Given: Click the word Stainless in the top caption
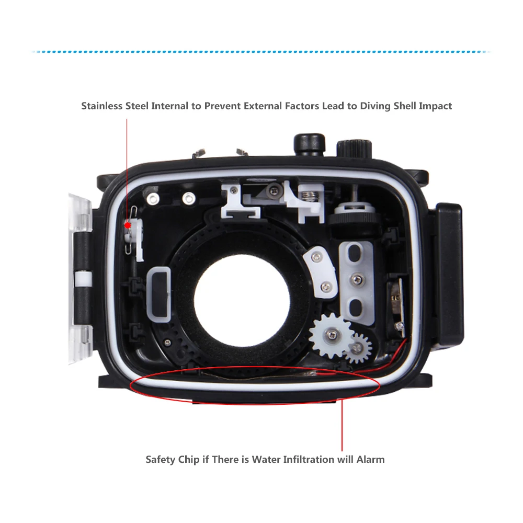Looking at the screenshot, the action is (103, 106).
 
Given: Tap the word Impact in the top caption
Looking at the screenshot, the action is (435, 106).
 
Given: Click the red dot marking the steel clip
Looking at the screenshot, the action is (127, 225).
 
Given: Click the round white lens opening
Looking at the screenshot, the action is (242, 299).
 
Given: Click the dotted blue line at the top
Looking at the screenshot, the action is (261, 52).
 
